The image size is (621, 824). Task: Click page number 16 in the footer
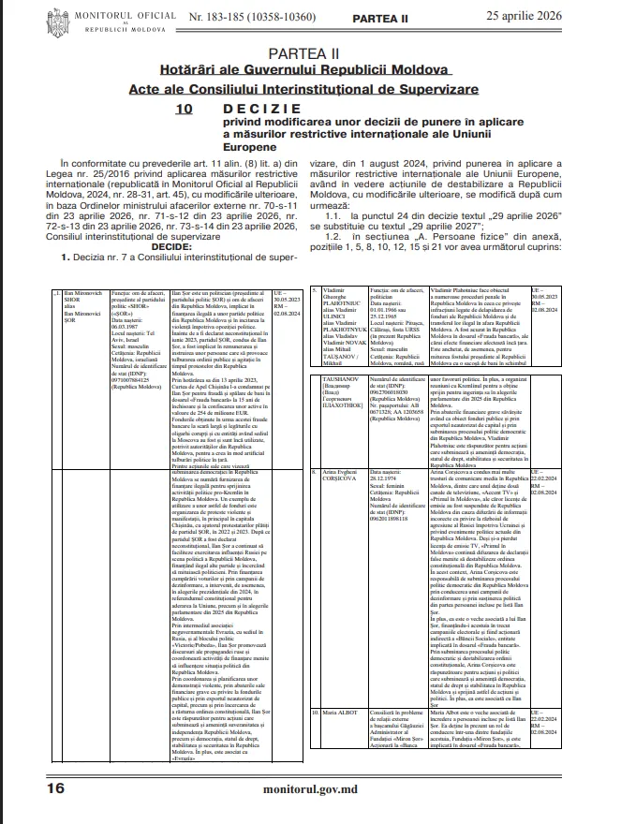(x=55, y=788)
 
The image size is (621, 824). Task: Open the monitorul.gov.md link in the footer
(x=310, y=789)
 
